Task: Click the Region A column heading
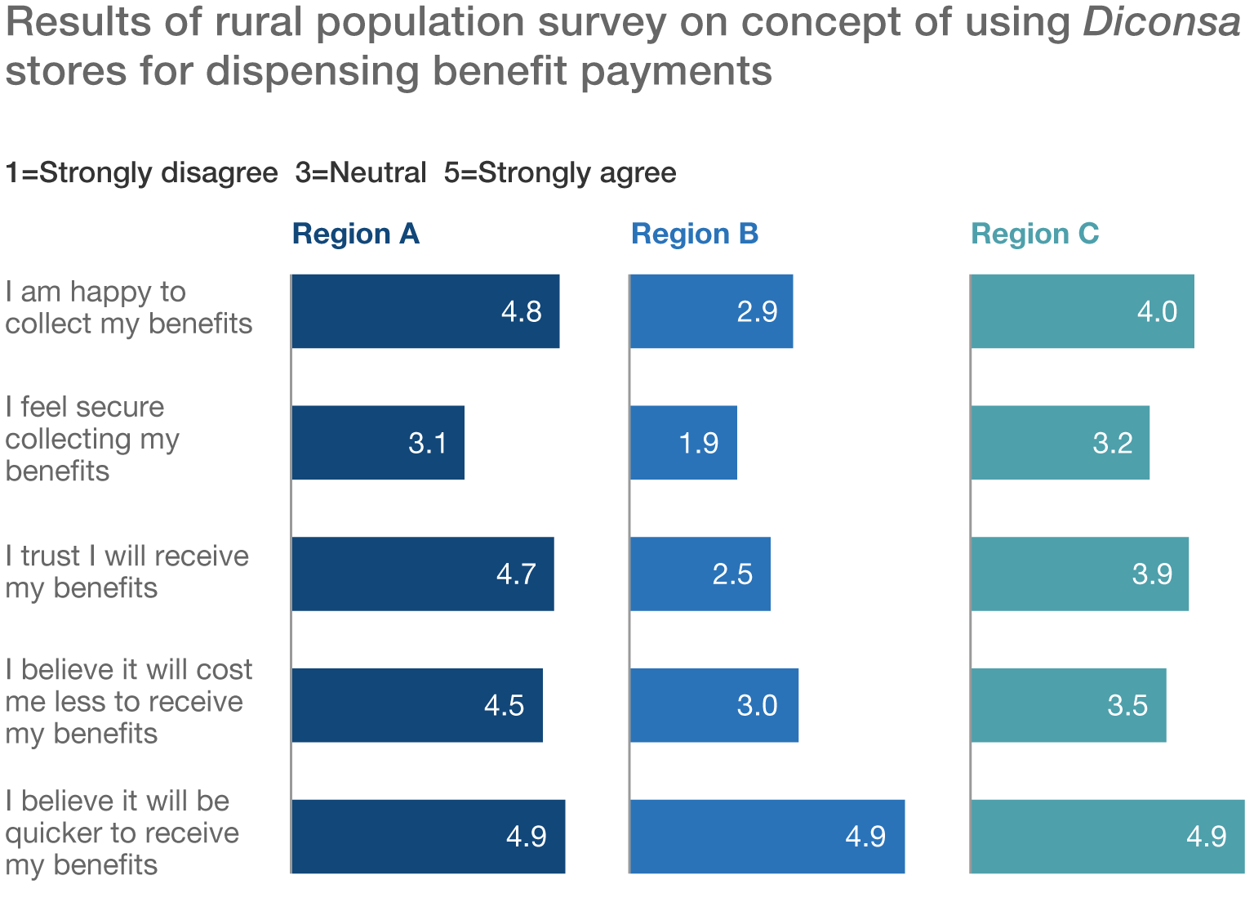coord(355,234)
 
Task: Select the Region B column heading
coord(695,234)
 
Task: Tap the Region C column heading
coord(1034,234)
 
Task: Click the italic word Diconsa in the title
coord(1161,23)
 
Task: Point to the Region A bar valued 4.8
coord(425,311)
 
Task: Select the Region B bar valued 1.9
coord(683,443)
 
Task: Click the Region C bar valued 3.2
coord(1060,443)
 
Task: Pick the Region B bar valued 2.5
coord(700,574)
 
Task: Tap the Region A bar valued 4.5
coord(416,705)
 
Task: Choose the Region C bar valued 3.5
coord(1068,705)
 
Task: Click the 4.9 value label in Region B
coord(865,837)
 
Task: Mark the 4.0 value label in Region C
coord(1157,311)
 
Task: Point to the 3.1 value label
coord(428,443)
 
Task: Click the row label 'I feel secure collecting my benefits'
coord(91,439)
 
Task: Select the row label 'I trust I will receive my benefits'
coord(127,572)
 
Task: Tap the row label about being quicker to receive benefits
coord(122,833)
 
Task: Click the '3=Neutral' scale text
coord(361,173)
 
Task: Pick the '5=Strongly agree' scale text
coord(560,173)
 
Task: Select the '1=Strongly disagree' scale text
coord(141,173)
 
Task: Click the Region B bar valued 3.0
coord(714,705)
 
